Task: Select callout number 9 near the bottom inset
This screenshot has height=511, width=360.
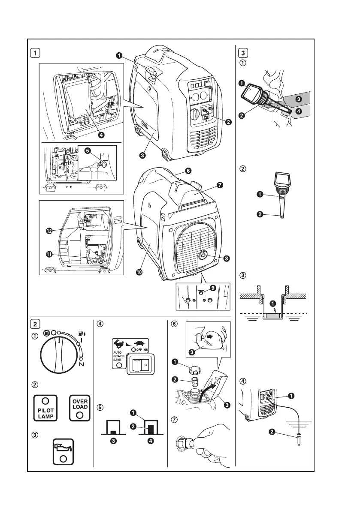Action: tap(213, 288)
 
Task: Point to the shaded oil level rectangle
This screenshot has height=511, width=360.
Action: tap(272, 316)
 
